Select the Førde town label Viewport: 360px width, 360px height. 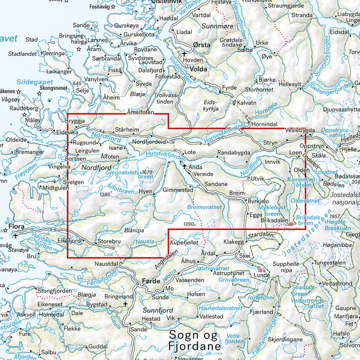151,281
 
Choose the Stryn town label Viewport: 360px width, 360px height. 270,142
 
